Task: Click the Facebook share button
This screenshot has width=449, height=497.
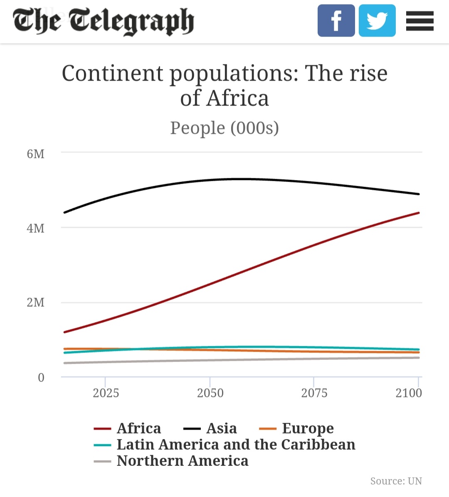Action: tap(336, 21)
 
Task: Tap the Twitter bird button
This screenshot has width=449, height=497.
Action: tap(377, 21)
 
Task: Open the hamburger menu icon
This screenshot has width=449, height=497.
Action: tap(419, 21)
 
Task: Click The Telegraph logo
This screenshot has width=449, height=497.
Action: tap(103, 21)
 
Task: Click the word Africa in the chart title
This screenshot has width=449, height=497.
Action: tap(238, 98)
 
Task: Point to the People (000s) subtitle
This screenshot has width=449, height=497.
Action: tap(224, 128)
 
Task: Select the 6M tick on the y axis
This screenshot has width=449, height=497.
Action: tap(36, 154)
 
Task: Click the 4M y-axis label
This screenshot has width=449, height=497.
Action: tap(36, 229)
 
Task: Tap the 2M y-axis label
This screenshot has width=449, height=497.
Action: tap(36, 303)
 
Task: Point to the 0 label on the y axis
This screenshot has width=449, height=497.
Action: tap(41, 378)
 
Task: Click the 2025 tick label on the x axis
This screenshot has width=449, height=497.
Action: tap(106, 393)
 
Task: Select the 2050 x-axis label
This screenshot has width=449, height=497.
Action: tap(210, 393)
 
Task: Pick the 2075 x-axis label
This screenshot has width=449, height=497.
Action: tap(314, 393)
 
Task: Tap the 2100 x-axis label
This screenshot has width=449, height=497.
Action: tap(409, 393)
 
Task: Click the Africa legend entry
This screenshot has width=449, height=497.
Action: tap(138, 428)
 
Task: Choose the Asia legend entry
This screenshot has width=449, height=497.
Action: tap(221, 428)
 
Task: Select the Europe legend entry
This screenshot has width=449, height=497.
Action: tap(308, 428)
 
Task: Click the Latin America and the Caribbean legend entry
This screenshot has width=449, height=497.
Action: tap(236, 445)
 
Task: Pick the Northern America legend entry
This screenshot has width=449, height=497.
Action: tap(182, 461)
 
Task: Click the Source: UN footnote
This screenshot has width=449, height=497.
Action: tap(396, 481)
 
